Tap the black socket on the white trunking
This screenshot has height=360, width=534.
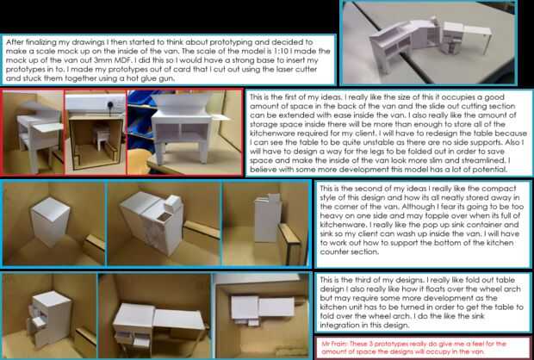click(x=111, y=105)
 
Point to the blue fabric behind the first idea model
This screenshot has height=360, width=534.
click(x=139, y=113)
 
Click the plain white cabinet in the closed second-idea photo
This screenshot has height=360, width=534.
click(x=50, y=221)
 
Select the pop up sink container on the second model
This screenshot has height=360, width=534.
click(x=173, y=203)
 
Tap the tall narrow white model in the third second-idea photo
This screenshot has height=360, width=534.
click(x=267, y=218)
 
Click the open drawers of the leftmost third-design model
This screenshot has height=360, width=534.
click(x=37, y=318)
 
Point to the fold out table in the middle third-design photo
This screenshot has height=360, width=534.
click(x=178, y=320)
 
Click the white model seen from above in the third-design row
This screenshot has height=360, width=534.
click(x=262, y=308)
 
